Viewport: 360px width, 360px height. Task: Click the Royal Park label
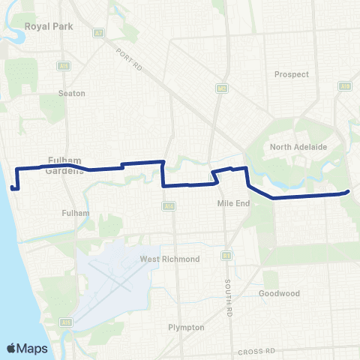tap(47, 26)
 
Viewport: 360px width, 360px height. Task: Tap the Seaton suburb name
tap(72, 93)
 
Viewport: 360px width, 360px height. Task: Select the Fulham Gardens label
tap(63, 164)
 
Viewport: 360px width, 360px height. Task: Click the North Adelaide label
tap(298, 147)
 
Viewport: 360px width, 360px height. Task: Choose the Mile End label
tap(231, 203)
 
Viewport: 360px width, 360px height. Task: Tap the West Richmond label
tap(169, 259)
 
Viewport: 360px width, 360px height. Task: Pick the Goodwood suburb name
tap(279, 293)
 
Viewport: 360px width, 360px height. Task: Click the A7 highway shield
tap(98, 33)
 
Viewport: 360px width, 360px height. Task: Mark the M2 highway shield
tap(222, 88)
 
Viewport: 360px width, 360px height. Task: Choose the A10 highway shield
tap(346, 87)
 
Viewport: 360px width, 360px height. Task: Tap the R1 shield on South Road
tap(226, 255)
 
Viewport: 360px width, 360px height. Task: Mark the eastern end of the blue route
tap(349, 192)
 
